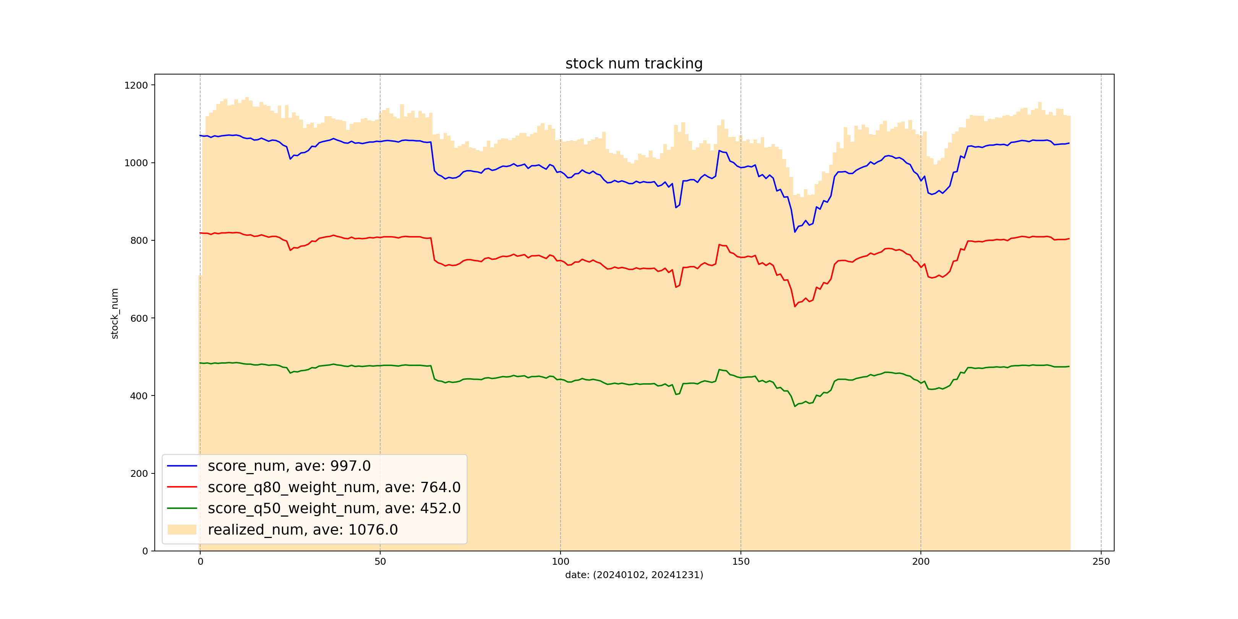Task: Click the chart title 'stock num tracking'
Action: pos(634,63)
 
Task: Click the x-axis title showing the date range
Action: pos(634,575)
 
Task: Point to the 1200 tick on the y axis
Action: pos(136,86)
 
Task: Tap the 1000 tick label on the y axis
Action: pos(136,163)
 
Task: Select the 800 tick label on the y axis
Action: pos(139,241)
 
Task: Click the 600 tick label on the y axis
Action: pos(139,318)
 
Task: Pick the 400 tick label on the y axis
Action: pos(139,396)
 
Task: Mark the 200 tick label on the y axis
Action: pos(139,473)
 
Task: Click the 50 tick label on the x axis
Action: pos(380,562)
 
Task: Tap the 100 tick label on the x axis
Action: pos(561,562)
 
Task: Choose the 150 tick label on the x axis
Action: pos(741,562)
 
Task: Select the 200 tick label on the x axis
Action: pos(921,562)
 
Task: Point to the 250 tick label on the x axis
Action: pos(1101,562)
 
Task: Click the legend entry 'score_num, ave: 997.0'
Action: pos(289,466)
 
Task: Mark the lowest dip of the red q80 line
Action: pos(795,306)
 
